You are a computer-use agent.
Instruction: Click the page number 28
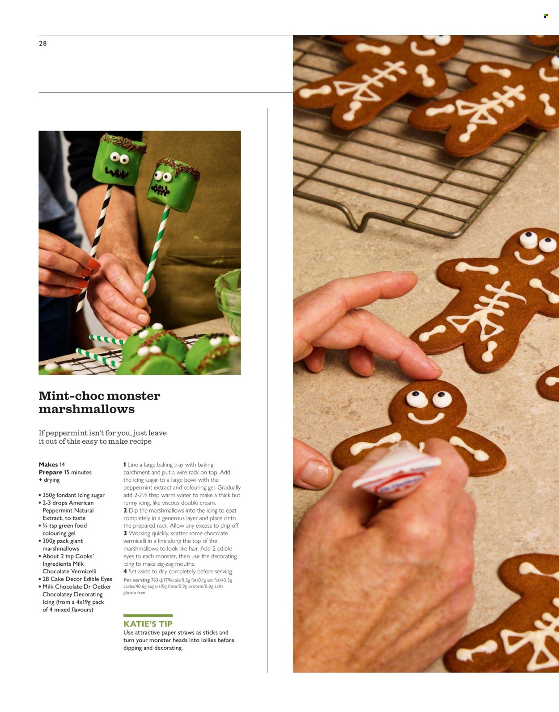[x=42, y=43]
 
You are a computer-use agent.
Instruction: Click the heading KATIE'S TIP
[x=148, y=624]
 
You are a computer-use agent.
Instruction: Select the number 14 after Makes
[x=62, y=465]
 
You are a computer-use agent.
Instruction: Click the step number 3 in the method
[x=125, y=534]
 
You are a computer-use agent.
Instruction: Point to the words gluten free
[x=134, y=593]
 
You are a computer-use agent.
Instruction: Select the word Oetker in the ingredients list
[x=102, y=587]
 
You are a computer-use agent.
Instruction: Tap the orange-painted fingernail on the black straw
[x=93, y=264]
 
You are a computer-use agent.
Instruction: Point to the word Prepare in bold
[x=51, y=472]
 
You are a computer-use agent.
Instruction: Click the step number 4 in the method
[x=125, y=572]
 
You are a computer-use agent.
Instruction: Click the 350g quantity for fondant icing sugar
[x=48, y=496]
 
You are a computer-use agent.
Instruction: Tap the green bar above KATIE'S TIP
[x=148, y=616]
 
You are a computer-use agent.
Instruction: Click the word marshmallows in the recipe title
[x=86, y=409]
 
